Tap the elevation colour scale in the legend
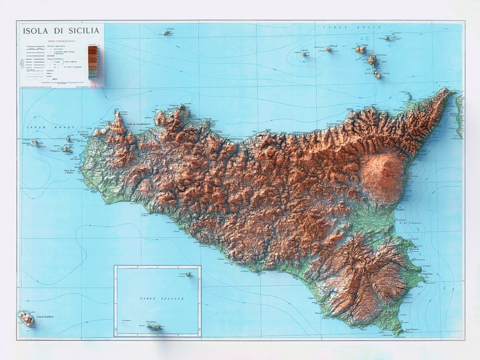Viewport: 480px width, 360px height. [x=92, y=62]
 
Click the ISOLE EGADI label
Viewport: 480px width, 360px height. [x=48, y=128]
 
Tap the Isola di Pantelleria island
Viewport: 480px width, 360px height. [x=26, y=318]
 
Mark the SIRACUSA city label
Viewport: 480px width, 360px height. [x=428, y=273]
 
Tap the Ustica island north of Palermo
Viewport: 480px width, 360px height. [x=167, y=33]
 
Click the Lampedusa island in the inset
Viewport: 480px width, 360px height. [x=154, y=327]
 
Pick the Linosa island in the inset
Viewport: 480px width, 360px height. [x=189, y=274]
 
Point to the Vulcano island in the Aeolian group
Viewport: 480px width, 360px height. [x=377, y=75]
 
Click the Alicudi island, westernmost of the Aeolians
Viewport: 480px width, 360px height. [x=305, y=54]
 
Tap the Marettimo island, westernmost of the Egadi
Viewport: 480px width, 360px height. [x=35, y=143]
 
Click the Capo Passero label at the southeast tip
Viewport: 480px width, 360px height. [x=412, y=330]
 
